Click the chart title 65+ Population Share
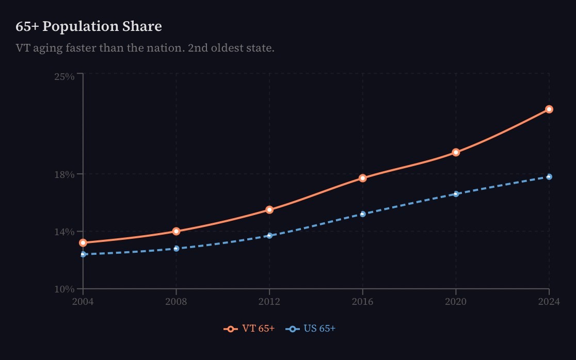pos(89,26)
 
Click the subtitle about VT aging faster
pos(145,48)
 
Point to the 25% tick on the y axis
pos(65,76)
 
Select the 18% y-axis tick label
pos(65,174)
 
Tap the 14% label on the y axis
pos(65,232)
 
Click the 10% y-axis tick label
pos(65,289)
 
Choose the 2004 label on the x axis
pos(83,302)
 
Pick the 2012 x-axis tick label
pos(269,302)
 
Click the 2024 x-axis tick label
pos(549,302)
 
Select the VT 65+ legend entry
pos(249,329)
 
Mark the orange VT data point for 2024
pos(549,109)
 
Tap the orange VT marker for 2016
pos(363,178)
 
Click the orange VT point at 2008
pos(177,232)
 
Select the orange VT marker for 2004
pos(83,242)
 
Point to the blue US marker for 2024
pos(549,177)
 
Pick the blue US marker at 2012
pos(269,236)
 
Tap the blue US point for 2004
pos(83,254)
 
